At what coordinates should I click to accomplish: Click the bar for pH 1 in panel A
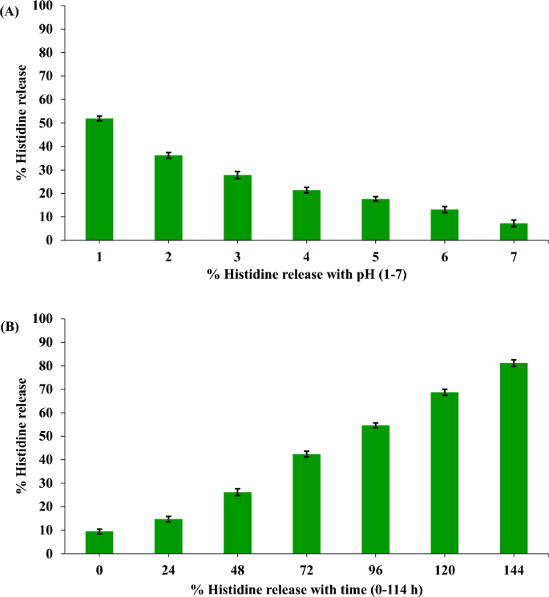click(99, 180)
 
